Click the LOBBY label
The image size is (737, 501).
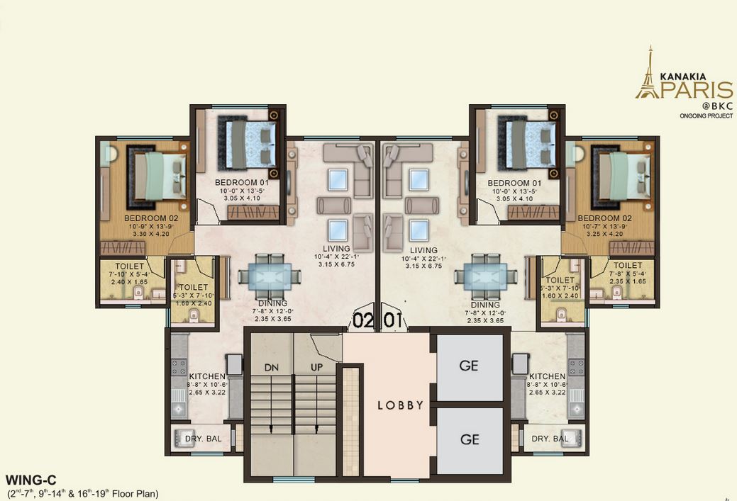[x=400, y=405]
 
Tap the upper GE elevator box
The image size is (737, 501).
[x=469, y=366]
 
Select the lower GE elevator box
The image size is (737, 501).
[x=469, y=439]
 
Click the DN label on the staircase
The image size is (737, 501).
[x=272, y=368]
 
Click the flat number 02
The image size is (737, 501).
[x=363, y=320]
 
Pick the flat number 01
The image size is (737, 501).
[x=394, y=320]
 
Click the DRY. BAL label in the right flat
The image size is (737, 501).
[x=550, y=439]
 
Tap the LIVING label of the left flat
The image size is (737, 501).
[x=336, y=249]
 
